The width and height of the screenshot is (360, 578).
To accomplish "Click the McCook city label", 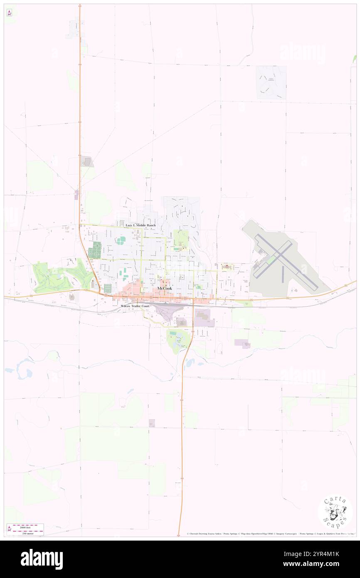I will coord(165,288).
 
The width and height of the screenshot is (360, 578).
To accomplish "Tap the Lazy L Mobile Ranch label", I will coord(141,225).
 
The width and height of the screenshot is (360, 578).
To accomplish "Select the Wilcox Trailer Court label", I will coord(135,306).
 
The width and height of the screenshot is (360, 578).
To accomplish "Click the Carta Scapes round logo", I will coord(335,512).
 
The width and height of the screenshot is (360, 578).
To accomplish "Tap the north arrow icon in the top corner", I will coord(9,12).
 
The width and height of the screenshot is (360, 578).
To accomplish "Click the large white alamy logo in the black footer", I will coord(42,559).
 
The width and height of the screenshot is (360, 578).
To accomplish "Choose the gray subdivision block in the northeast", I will coord(271,82).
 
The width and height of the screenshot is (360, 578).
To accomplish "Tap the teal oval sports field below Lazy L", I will coord(121,240).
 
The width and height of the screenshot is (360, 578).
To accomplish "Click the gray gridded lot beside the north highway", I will coord(87,161).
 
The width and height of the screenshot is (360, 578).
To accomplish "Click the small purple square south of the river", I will coord(152,423).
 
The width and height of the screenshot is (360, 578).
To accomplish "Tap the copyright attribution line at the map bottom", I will coord(270,534).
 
